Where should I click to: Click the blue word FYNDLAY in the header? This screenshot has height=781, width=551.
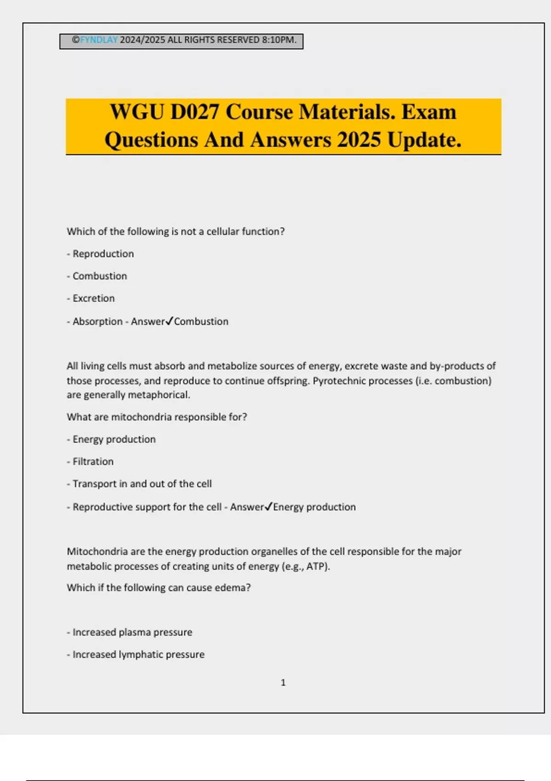(99, 40)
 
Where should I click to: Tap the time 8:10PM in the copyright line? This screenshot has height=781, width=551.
(279, 40)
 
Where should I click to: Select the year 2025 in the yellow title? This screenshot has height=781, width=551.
(359, 140)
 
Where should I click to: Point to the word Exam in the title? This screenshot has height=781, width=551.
(429, 112)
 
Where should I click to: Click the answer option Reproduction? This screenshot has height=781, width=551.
(103, 254)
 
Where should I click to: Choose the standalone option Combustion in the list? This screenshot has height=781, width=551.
(100, 276)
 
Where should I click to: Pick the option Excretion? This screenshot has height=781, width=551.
(94, 298)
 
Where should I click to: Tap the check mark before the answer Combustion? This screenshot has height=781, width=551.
(169, 321)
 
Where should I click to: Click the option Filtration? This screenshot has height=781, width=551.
(93, 461)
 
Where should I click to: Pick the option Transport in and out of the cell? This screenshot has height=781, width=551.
(142, 484)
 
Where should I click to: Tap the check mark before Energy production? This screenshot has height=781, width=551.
(269, 506)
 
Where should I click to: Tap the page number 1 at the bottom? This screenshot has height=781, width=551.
(283, 683)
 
